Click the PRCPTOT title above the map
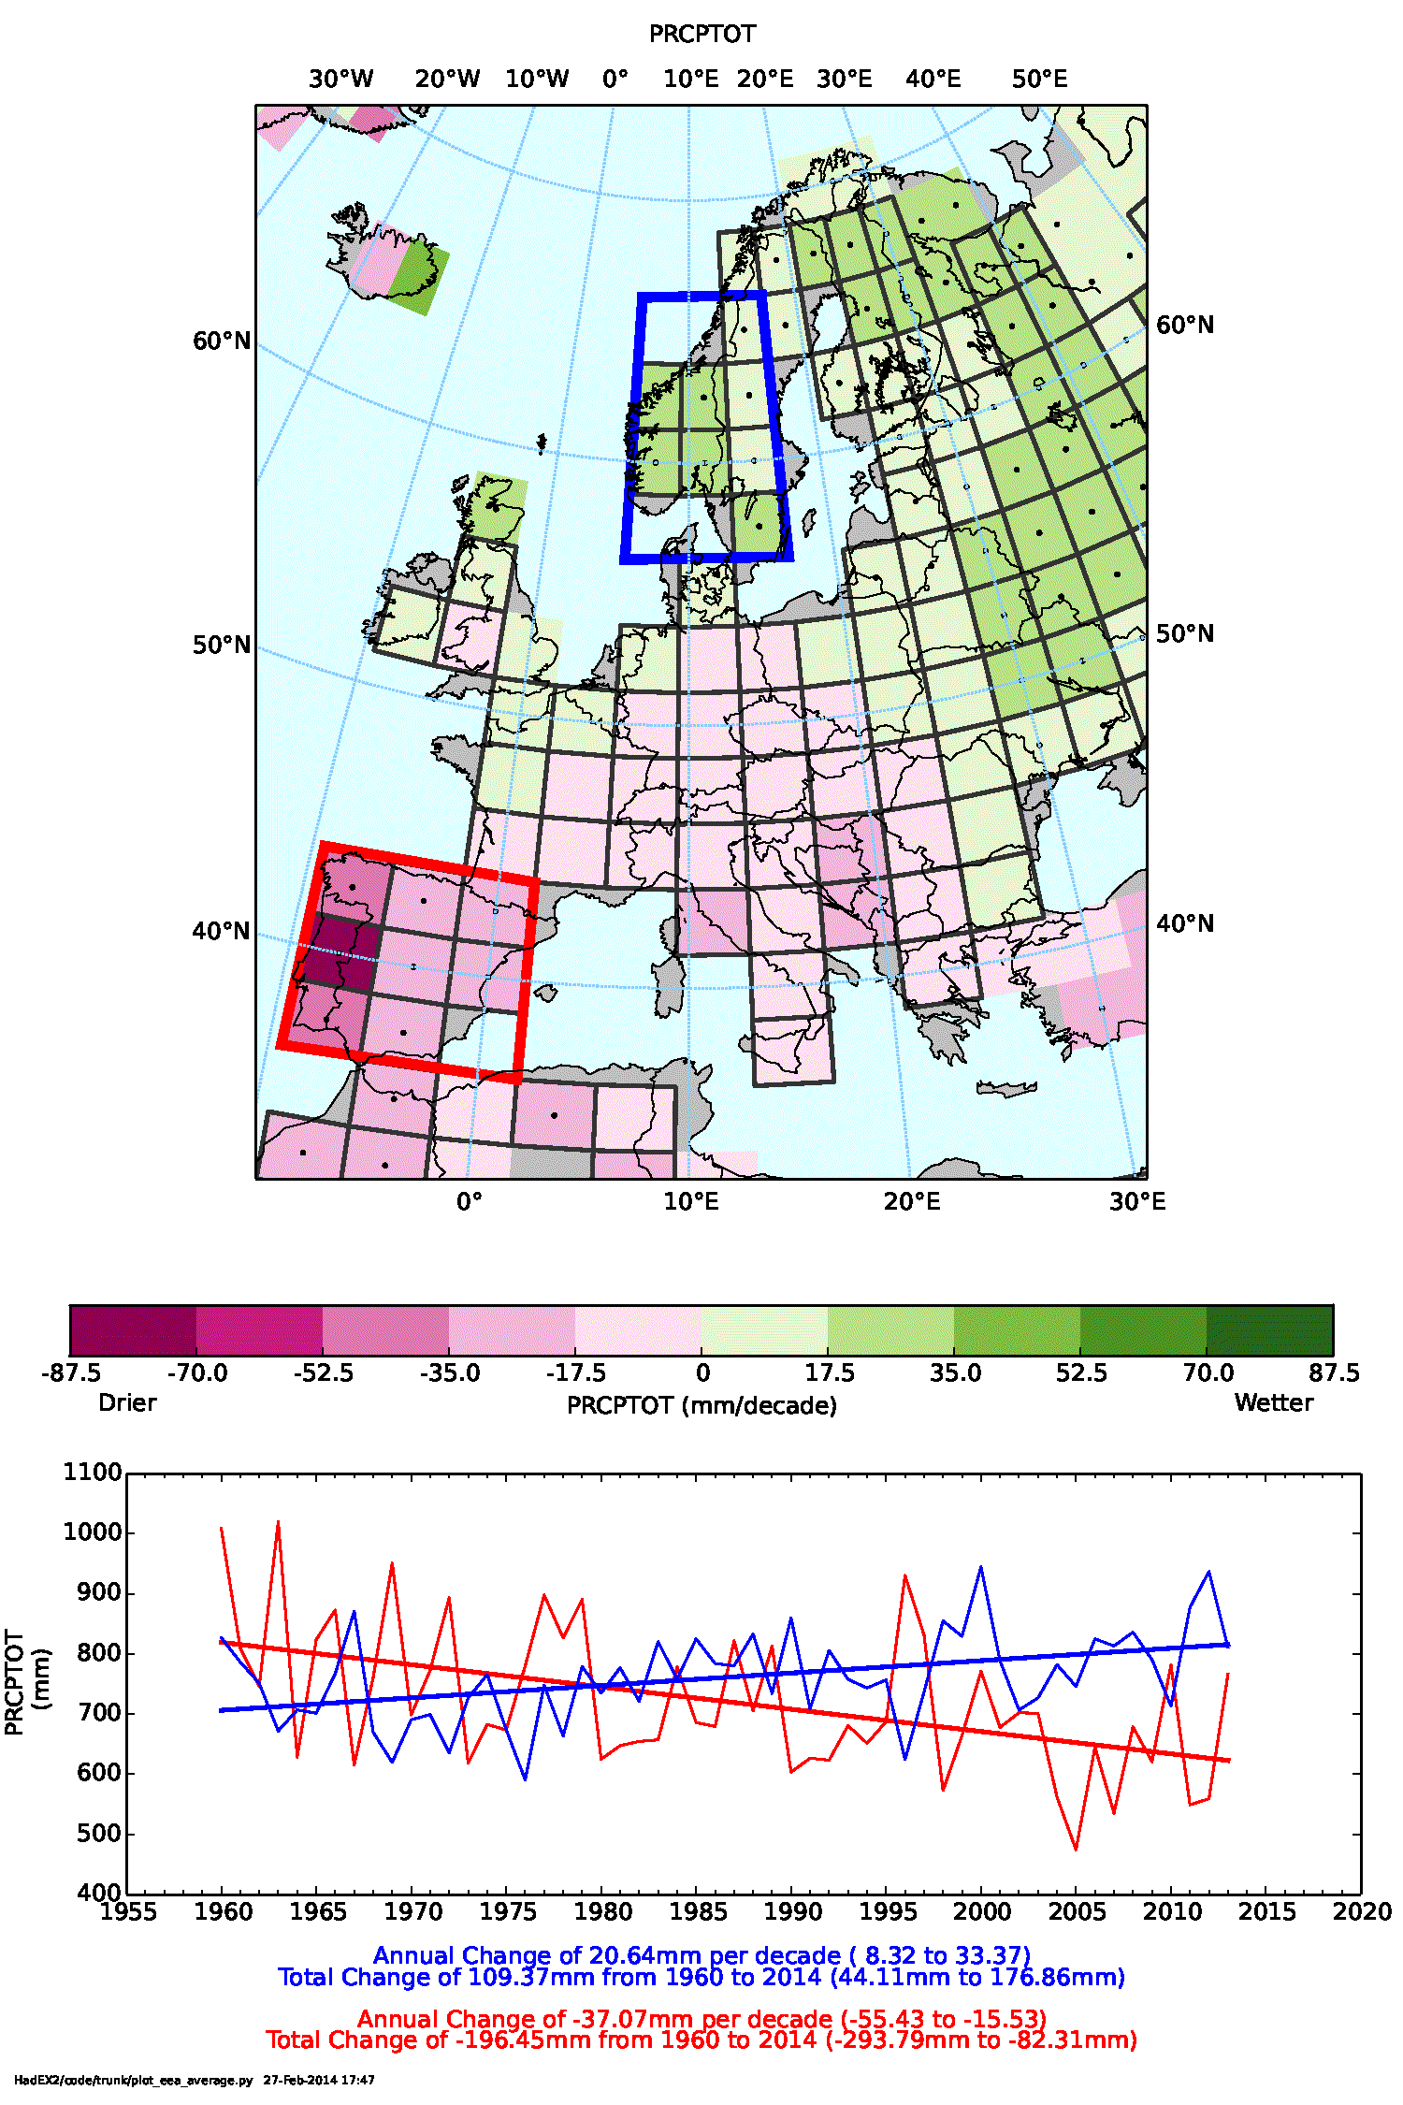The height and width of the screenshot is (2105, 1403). click(x=701, y=35)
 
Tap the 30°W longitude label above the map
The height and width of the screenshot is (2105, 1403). click(x=340, y=80)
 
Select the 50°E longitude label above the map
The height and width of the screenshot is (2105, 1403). click(x=1039, y=80)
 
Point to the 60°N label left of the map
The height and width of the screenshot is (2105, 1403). click(x=222, y=341)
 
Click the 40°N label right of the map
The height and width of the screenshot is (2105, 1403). click(x=1185, y=924)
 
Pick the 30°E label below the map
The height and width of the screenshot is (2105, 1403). click(x=1137, y=1202)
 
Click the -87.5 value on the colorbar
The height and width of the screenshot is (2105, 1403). click(x=71, y=1373)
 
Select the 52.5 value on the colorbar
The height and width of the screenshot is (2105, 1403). click(x=1081, y=1373)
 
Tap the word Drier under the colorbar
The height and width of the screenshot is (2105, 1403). click(x=127, y=1403)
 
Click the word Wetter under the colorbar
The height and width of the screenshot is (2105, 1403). click(x=1274, y=1403)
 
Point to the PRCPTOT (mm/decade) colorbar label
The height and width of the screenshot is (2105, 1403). click(x=701, y=1406)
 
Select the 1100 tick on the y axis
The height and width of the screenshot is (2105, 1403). click(x=93, y=1473)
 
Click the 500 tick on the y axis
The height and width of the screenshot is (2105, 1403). click(x=99, y=1834)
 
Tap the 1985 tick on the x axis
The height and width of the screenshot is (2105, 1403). click(x=698, y=1912)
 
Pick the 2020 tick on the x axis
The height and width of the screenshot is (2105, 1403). click(x=1362, y=1912)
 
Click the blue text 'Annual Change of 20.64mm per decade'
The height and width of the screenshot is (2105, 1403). click(x=606, y=1956)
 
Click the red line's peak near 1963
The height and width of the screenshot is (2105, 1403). click(x=278, y=1523)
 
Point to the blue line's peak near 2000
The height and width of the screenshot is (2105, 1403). click(x=981, y=1567)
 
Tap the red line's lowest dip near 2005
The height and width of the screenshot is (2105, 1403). click(x=1076, y=1849)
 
